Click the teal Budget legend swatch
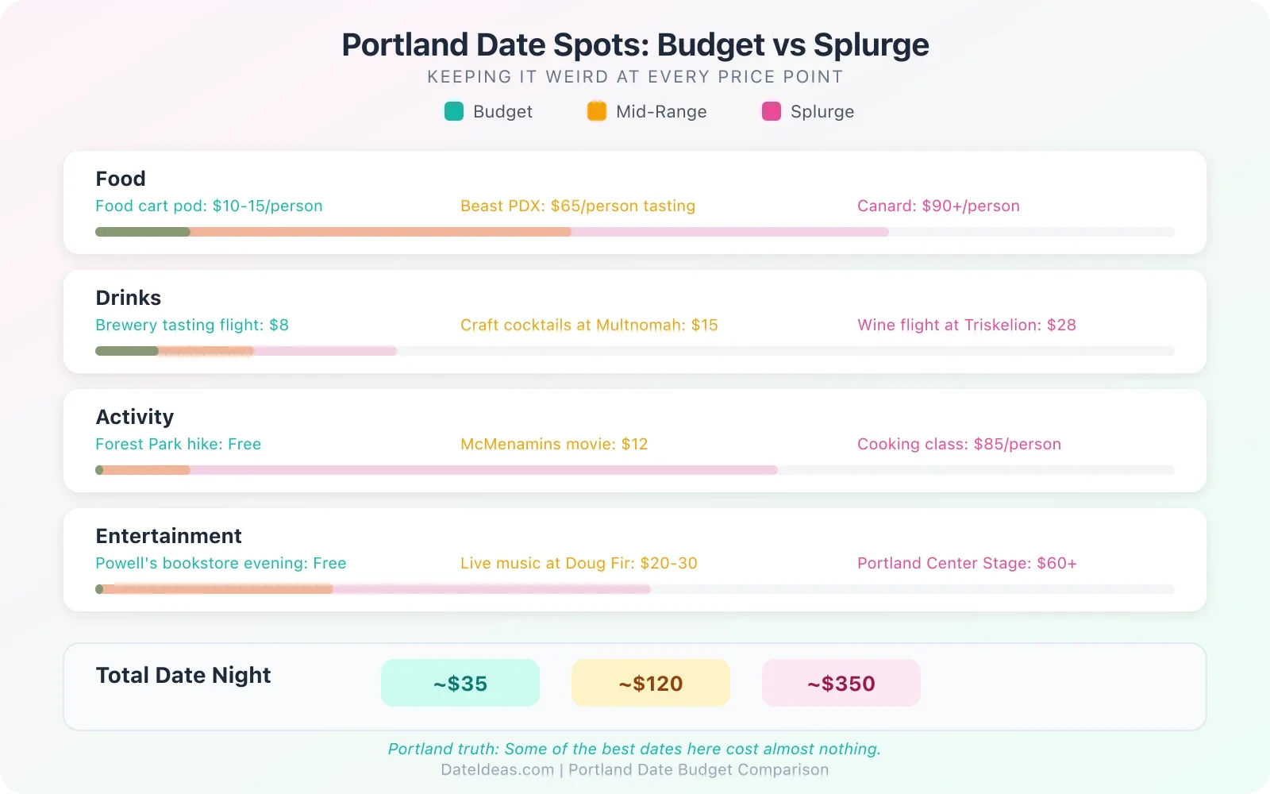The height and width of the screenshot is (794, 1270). [x=454, y=111]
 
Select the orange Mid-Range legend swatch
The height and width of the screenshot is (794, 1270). [x=597, y=111]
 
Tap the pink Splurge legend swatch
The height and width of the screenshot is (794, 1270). [x=772, y=111]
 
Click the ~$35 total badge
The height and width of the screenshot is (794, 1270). [x=460, y=683]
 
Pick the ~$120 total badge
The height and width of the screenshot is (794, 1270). [x=651, y=683]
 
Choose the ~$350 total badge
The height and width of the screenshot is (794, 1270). [x=841, y=683]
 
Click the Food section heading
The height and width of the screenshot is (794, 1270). [x=121, y=179]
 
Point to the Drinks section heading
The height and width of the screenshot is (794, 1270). [x=129, y=298]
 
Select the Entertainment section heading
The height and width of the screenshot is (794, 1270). [x=169, y=536]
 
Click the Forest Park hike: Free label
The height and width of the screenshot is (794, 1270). [x=179, y=444]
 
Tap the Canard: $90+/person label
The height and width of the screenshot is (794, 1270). [x=938, y=206]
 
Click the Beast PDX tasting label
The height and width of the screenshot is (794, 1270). [x=578, y=206]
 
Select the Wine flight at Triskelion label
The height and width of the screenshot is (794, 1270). [x=967, y=325]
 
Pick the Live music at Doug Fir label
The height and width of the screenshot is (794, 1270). [x=579, y=563]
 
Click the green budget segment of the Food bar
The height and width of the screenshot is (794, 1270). [x=143, y=232]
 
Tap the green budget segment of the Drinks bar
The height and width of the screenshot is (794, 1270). [x=127, y=351]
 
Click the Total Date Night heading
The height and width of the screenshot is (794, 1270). [x=183, y=675]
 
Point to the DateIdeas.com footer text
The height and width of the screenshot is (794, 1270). [x=498, y=769]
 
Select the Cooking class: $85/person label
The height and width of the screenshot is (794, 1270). [x=959, y=444]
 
